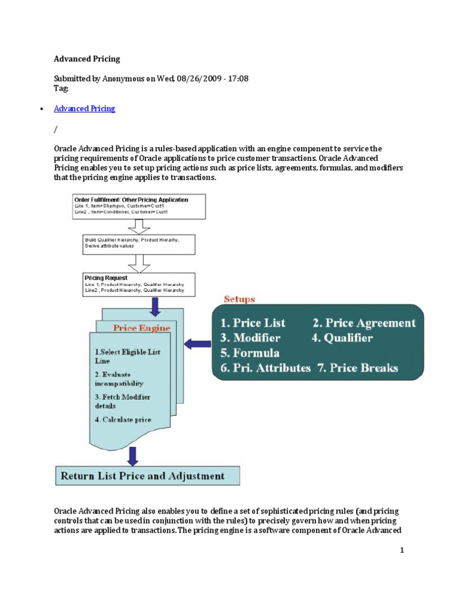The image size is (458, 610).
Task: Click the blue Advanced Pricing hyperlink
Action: (x=84, y=108)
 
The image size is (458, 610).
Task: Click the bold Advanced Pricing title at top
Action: (x=86, y=59)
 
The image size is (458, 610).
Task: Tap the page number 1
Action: (x=402, y=550)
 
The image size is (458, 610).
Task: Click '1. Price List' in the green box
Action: (x=253, y=323)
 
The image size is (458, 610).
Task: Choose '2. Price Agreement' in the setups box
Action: (x=364, y=323)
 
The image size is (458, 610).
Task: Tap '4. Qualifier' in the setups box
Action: (x=343, y=338)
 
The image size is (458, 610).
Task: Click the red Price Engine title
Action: (x=141, y=327)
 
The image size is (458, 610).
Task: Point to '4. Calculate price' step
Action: (x=123, y=419)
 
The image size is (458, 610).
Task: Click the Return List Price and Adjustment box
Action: (x=147, y=476)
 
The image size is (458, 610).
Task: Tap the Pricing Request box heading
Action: (x=106, y=278)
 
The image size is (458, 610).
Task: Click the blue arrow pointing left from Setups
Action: (x=197, y=344)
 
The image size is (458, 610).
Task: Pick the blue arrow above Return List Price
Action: (x=132, y=456)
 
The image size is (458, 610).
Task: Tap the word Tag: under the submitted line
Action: (x=61, y=88)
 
